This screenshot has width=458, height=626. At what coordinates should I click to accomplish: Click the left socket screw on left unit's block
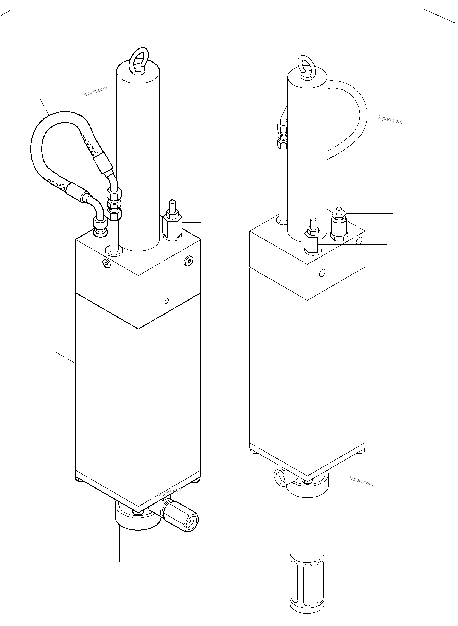[x=106, y=263]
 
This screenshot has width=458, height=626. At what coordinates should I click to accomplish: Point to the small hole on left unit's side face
[x=166, y=301]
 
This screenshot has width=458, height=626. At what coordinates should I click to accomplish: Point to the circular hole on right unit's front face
[x=322, y=273]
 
